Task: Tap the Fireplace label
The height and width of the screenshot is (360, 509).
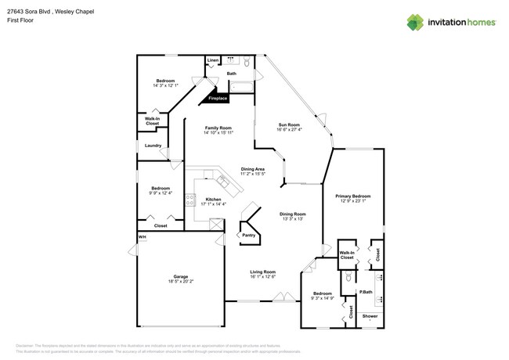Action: tap(218, 99)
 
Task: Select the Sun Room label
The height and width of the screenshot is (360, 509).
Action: tap(289, 124)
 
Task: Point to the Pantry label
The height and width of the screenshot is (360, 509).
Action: tap(248, 235)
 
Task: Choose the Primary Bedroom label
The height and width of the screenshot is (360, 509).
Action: tap(352, 196)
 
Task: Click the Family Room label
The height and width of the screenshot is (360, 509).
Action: tap(218, 128)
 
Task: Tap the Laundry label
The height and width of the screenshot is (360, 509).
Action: tap(153, 146)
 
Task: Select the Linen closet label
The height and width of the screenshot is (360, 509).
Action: tap(213, 60)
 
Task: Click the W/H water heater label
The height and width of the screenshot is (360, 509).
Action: tap(143, 237)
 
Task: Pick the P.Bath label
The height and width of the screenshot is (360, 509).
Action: tap(365, 292)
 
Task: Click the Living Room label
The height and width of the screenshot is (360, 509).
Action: tap(262, 272)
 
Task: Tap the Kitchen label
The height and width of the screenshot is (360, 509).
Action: tap(213, 200)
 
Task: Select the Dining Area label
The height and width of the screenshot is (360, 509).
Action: tap(252, 169)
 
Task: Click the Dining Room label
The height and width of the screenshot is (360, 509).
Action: tap(294, 214)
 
